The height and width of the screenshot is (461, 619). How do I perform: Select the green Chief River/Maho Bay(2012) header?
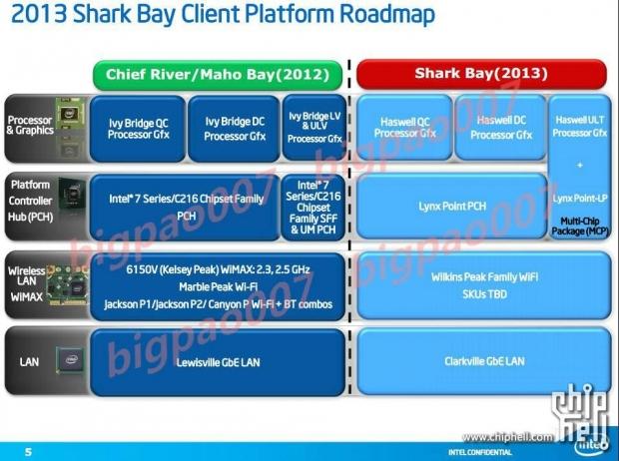pyautogui.click(x=219, y=74)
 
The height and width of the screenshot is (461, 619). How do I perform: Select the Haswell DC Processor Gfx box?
pyautogui.click(x=499, y=129)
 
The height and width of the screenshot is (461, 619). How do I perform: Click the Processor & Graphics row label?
pyautogui.click(x=29, y=126)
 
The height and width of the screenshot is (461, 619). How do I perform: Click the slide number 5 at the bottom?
pyautogui.click(x=28, y=451)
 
